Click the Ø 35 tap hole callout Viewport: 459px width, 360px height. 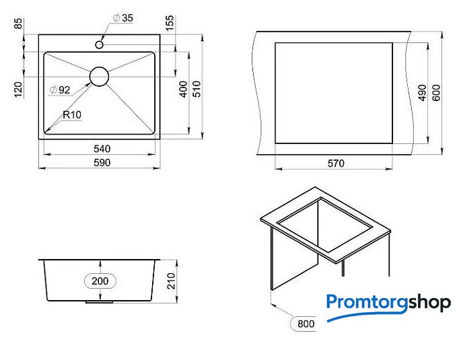(123, 18)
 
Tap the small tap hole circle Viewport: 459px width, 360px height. (99, 45)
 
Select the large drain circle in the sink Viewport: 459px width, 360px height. (99, 77)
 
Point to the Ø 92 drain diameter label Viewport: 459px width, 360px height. (60, 90)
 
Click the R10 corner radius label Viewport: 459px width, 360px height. (72, 115)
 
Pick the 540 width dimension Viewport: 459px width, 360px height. (102, 149)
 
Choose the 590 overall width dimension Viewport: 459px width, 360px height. (102, 162)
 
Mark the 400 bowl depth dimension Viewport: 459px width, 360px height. (183, 89)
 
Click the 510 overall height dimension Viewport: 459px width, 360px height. (197, 89)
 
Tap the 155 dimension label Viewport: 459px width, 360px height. (170, 23)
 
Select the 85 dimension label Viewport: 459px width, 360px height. (18, 24)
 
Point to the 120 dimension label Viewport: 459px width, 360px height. (18, 90)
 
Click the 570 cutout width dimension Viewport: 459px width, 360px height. (336, 164)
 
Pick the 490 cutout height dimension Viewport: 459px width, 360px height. (422, 92)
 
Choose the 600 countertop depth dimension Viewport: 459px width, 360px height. (436, 92)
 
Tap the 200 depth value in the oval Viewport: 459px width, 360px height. (100, 281)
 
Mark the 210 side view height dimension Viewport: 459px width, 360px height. (171, 281)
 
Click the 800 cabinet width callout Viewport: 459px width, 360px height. (306, 324)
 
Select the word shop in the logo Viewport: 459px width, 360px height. (429, 303)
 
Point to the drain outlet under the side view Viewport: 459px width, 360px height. (99, 301)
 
